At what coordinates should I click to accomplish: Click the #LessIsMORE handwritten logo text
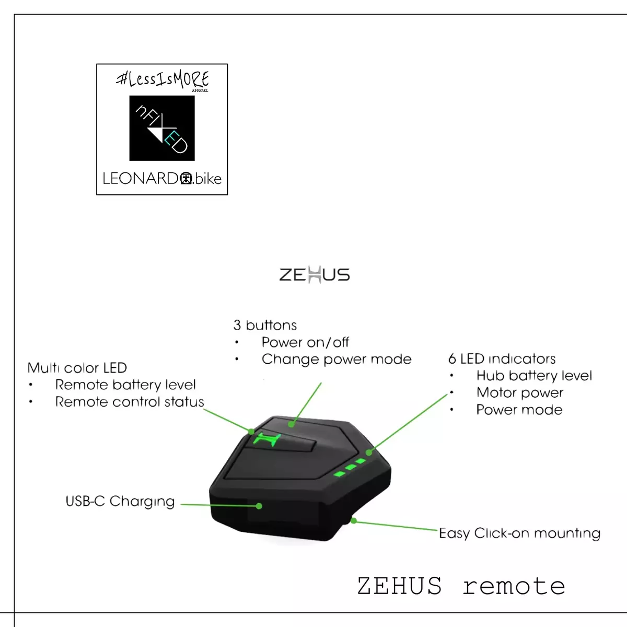pyautogui.click(x=162, y=79)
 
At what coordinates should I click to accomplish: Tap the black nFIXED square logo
pyautogui.click(x=162, y=128)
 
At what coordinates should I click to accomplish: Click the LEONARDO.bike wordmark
pyautogui.click(x=162, y=179)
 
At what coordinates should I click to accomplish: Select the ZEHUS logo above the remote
pyautogui.click(x=315, y=275)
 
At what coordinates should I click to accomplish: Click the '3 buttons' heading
pyautogui.click(x=265, y=325)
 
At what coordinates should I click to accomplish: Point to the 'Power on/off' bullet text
pyautogui.click(x=305, y=342)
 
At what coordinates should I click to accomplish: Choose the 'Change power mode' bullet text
pyautogui.click(x=336, y=359)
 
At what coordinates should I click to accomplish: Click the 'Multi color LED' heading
pyautogui.click(x=77, y=368)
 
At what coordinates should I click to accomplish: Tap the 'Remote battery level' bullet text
pyautogui.click(x=125, y=385)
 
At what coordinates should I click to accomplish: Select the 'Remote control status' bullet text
pyautogui.click(x=130, y=402)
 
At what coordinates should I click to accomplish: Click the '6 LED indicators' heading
pyautogui.click(x=502, y=358)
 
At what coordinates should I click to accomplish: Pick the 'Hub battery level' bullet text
pyautogui.click(x=534, y=376)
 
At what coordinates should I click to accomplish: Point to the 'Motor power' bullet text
pyautogui.click(x=519, y=393)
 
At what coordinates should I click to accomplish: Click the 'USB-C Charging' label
pyautogui.click(x=120, y=502)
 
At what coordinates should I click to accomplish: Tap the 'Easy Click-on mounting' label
pyautogui.click(x=519, y=533)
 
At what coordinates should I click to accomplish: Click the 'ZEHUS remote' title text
pyautogui.click(x=461, y=586)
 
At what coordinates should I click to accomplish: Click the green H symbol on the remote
pyautogui.click(x=267, y=439)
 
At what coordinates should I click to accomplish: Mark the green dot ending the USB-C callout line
pyautogui.click(x=259, y=506)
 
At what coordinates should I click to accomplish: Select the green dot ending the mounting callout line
pyautogui.click(x=354, y=521)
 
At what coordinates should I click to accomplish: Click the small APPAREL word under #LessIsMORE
pyautogui.click(x=200, y=91)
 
